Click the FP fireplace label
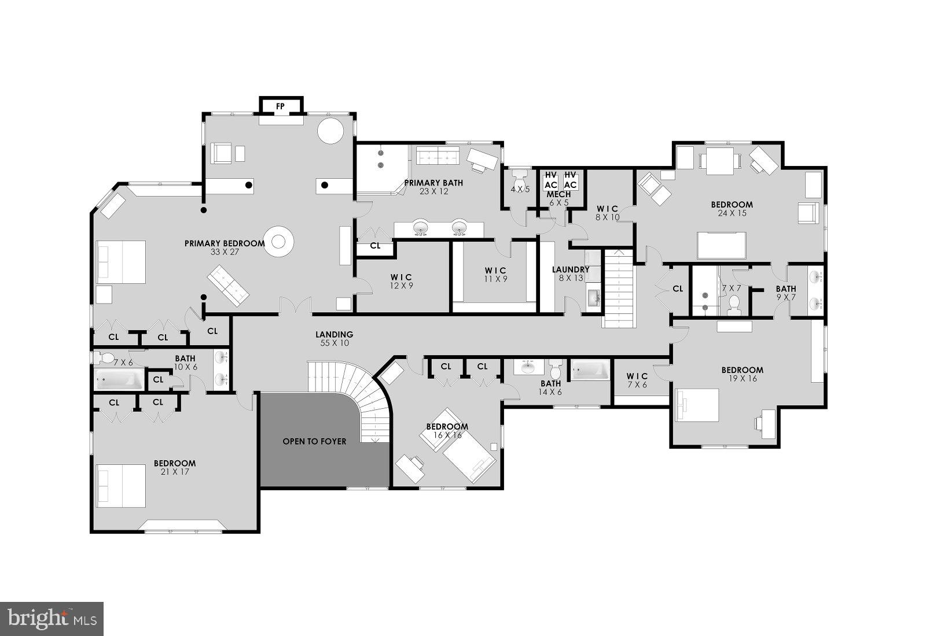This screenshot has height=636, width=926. click(281, 106)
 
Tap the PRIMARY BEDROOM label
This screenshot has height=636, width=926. click(225, 243)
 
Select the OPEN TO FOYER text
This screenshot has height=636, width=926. click(314, 442)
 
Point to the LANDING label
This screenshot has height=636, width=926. click(334, 334)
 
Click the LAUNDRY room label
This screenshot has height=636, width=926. click(571, 269)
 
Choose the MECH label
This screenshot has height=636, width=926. click(559, 194)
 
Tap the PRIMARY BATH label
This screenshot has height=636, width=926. click(433, 183)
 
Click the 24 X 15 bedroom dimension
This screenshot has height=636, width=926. click(732, 213)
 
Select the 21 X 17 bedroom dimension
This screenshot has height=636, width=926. click(174, 472)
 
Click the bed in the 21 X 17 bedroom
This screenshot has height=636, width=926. click(121, 486)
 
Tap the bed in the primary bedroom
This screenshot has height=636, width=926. click(121, 262)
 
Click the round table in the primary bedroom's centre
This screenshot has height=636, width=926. click(279, 241)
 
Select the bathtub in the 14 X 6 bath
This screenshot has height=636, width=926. click(590, 369)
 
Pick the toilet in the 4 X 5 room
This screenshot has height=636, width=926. click(519, 176)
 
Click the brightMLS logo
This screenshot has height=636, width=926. click(52, 618)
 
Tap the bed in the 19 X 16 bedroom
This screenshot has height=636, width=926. click(697, 405)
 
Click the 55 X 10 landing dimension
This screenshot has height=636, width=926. click(334, 343)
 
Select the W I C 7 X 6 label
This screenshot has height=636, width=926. click(637, 380)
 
